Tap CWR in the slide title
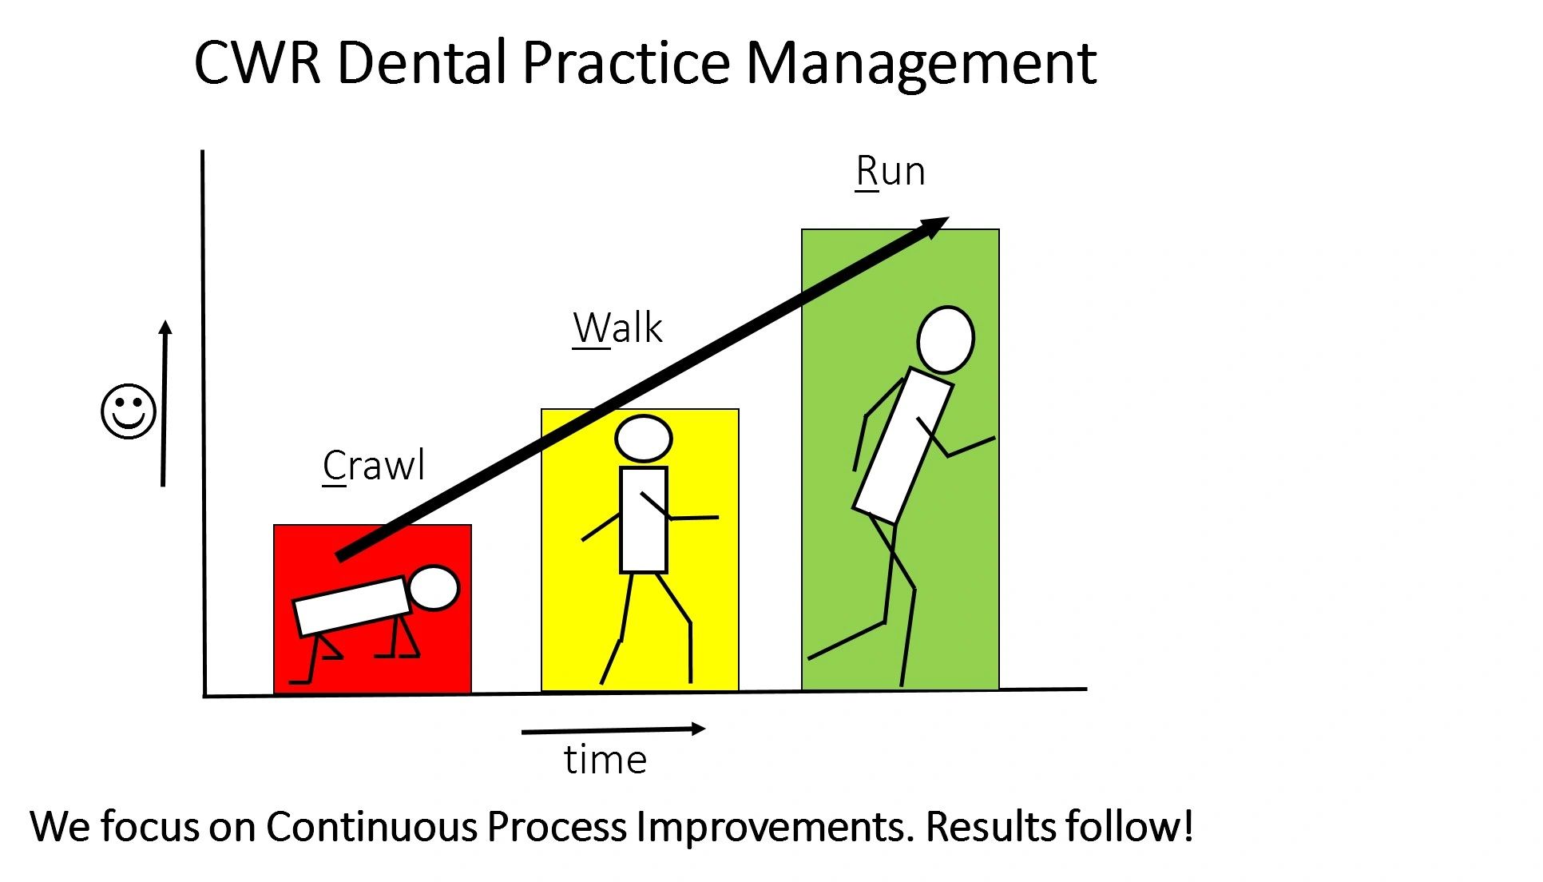[257, 62]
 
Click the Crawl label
[373, 465]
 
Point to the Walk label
[617, 328]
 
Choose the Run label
[890, 172]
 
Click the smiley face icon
[129, 411]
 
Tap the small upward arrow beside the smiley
[165, 403]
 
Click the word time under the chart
[605, 760]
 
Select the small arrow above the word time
[613, 729]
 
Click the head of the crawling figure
[434, 589]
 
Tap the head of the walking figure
[644, 439]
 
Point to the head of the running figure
[946, 340]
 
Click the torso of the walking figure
[644, 520]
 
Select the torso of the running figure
[903, 446]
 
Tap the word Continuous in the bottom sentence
[371, 827]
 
